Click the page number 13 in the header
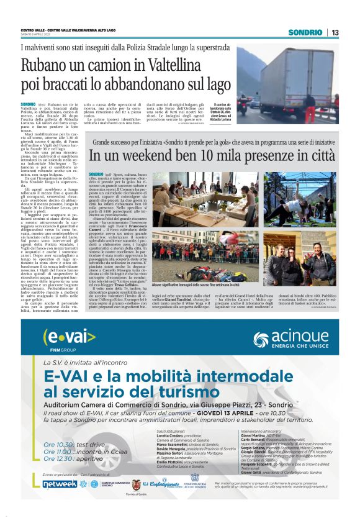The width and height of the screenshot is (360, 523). point(335,32)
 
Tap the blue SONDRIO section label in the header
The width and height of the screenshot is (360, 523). point(307,32)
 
